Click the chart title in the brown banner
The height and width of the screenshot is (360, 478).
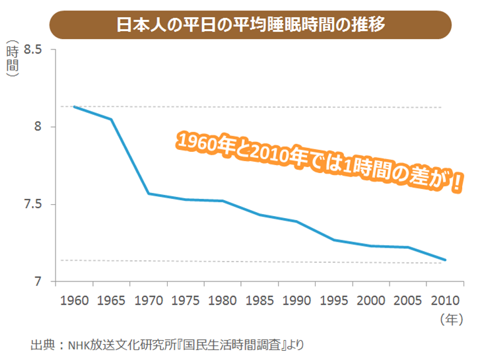pos(251,24)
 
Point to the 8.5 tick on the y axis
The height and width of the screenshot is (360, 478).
pos(32,50)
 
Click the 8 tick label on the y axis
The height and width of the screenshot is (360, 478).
pos(38,127)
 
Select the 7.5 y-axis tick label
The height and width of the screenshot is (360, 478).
pos(32,204)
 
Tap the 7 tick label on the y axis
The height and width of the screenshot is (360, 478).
pos(38,281)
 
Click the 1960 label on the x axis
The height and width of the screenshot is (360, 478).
pos(74,301)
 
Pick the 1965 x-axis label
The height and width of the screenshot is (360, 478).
pos(112,301)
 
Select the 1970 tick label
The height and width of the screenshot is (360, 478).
pos(149,301)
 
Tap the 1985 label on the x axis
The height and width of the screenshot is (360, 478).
pos(260,301)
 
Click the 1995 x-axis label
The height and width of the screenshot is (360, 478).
pos(335,301)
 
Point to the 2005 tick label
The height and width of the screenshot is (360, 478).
pos(409,301)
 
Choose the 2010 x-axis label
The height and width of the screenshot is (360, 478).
pos(446,301)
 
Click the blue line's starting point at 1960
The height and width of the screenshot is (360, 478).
pos(74,106)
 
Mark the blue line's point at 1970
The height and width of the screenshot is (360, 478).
pos(149,194)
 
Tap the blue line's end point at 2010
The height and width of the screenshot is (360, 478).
pos(446,260)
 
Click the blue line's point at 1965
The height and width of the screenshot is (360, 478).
pos(112,119)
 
